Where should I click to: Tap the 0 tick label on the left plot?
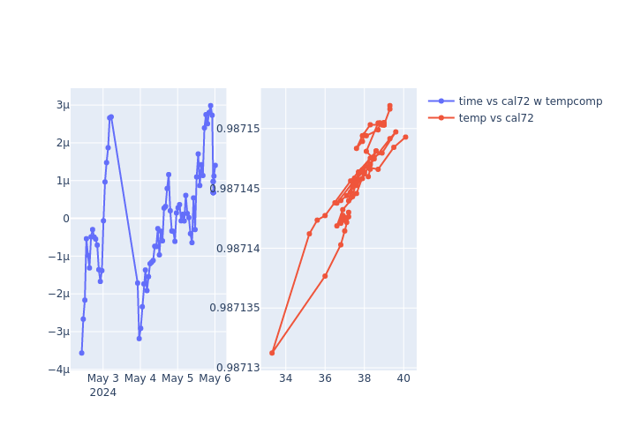(65, 219)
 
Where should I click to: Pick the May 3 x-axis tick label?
(102, 378)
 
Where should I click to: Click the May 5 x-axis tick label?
(177, 378)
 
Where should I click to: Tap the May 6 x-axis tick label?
(215, 378)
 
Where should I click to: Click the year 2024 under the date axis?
(102, 392)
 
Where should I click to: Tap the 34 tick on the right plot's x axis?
(285, 378)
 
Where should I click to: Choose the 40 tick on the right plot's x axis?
(403, 378)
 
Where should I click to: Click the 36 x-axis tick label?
(325, 378)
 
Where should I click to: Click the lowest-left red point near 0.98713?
(272, 353)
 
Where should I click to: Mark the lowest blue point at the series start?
(81, 353)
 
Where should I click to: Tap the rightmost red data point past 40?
(405, 137)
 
